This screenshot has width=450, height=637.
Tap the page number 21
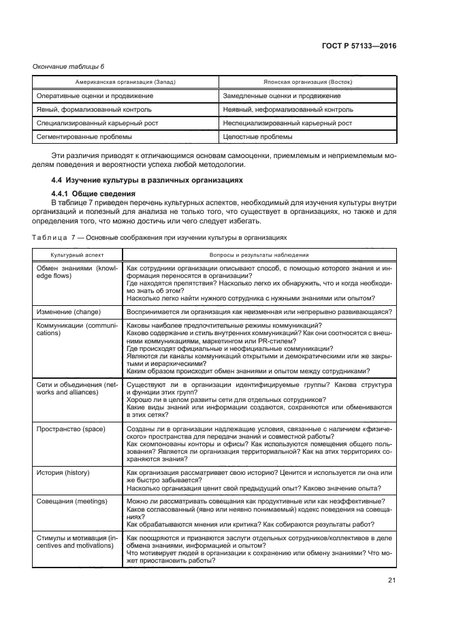(391, 580)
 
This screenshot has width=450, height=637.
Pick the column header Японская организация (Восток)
(307, 81)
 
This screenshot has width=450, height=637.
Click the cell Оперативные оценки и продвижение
(85, 95)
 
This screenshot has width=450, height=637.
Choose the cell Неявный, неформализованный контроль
(288, 109)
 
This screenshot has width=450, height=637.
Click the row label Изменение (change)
(71, 311)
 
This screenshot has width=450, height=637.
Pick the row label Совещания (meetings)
(72, 501)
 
